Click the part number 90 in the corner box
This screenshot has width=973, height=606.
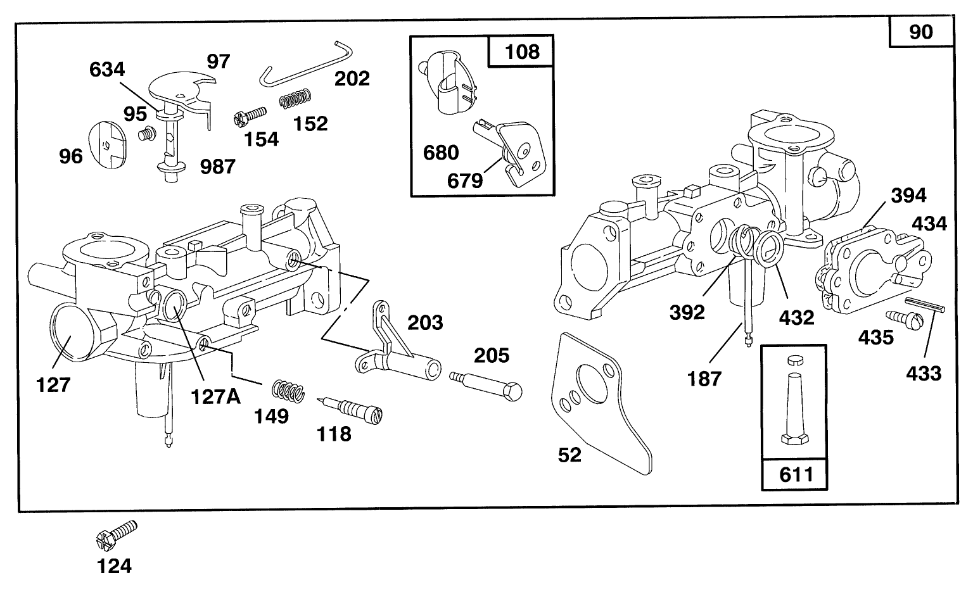point(920,31)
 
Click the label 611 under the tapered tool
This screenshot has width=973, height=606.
point(795,473)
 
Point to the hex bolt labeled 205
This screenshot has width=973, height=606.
point(486,384)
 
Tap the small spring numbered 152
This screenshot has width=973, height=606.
point(296,98)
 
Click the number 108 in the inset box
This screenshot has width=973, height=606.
point(521,51)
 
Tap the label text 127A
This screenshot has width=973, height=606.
point(215,396)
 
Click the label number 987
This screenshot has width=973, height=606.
point(217,167)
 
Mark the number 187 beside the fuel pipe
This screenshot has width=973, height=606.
point(704,379)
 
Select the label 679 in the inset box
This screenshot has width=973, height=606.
point(465,180)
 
